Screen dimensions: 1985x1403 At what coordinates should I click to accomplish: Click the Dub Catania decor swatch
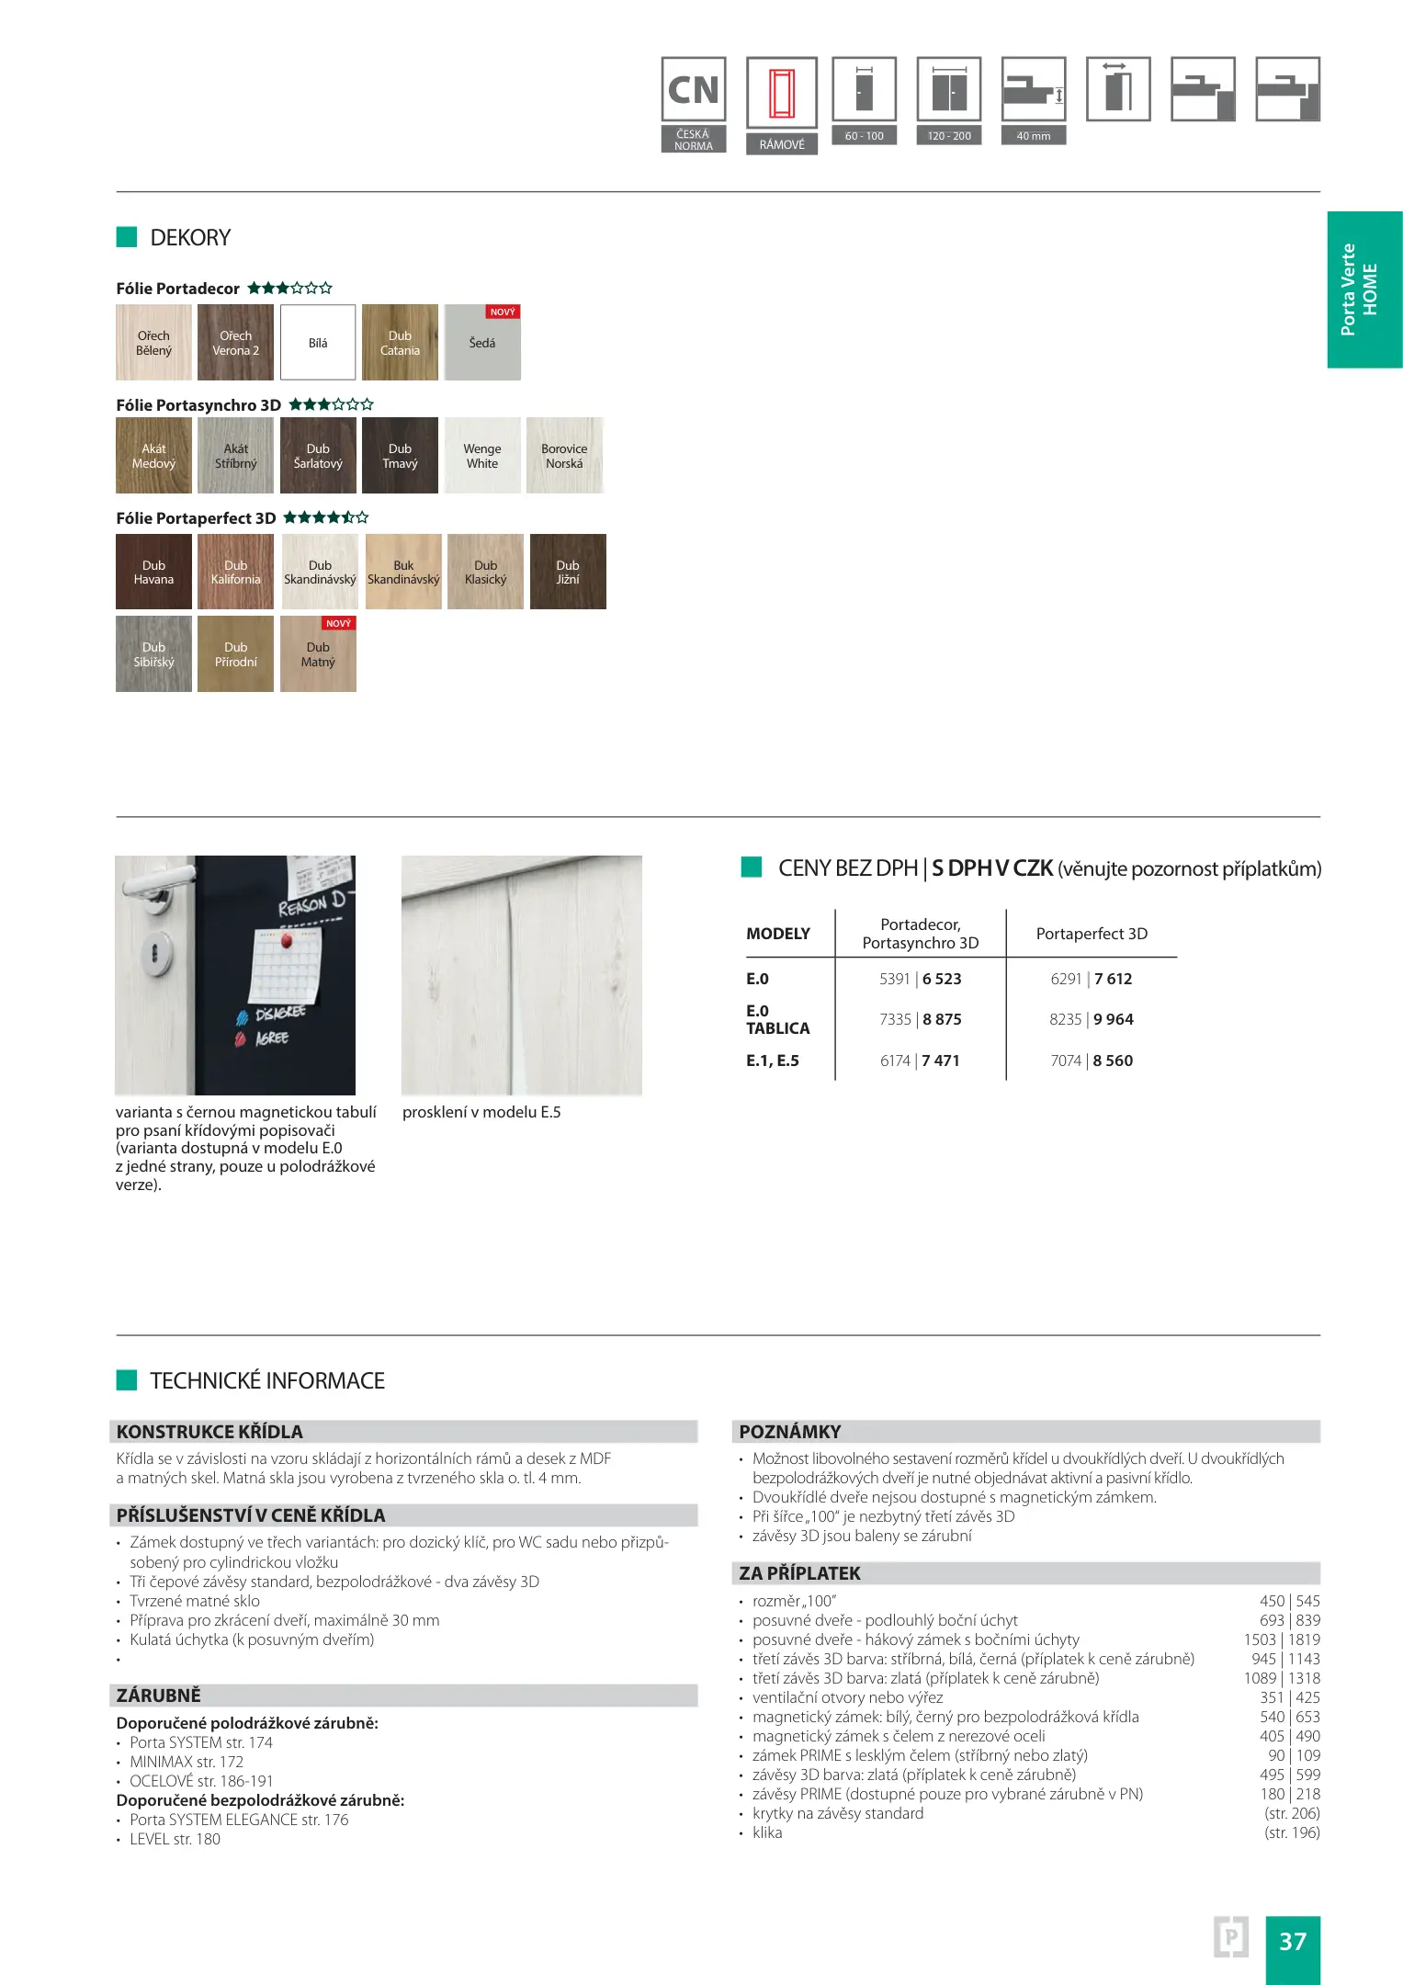[400, 343]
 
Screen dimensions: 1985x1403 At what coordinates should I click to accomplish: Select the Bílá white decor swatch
[318, 343]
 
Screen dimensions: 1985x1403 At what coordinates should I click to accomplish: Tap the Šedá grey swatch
[482, 343]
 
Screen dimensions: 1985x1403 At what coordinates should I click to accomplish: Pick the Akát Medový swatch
[153, 456]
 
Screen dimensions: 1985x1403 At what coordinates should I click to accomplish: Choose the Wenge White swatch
[482, 456]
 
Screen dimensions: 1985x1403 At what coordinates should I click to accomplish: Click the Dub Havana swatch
[153, 572]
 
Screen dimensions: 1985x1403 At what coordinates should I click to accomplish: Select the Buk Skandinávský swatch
[403, 572]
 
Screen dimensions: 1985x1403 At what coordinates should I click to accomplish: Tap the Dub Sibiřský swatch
[153, 654]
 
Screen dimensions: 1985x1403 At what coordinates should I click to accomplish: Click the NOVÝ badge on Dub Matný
[338, 623]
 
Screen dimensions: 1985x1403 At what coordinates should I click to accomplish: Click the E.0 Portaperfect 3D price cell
[1092, 979]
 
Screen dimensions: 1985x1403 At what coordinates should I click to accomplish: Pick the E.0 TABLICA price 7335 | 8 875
[921, 1019]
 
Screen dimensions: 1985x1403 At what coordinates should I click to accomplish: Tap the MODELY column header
[778, 934]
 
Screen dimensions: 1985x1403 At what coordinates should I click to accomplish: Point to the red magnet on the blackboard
[286, 940]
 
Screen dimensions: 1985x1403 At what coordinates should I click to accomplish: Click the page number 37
[1293, 1941]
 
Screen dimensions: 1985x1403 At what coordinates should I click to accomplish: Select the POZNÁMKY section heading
[790, 1432]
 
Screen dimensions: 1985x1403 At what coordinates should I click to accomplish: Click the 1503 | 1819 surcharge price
[1281, 1639]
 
